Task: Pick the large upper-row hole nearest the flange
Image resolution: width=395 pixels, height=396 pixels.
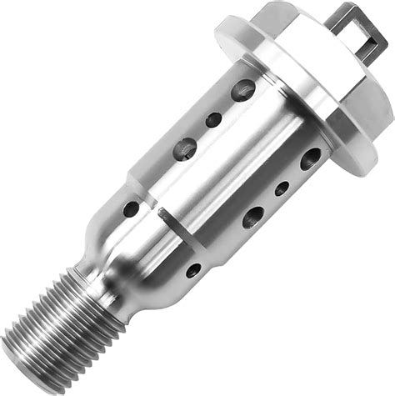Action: tap(243, 89)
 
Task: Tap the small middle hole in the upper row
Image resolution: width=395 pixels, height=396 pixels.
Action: tap(213, 119)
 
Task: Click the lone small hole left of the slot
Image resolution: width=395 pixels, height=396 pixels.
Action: tap(131, 208)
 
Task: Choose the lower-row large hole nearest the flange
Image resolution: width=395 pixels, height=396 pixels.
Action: tap(311, 158)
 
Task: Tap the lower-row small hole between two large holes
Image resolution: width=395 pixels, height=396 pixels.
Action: tap(282, 188)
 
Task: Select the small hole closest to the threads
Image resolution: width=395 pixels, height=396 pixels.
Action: tap(193, 270)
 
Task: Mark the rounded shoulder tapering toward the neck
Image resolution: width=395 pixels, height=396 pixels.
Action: tap(125, 250)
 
